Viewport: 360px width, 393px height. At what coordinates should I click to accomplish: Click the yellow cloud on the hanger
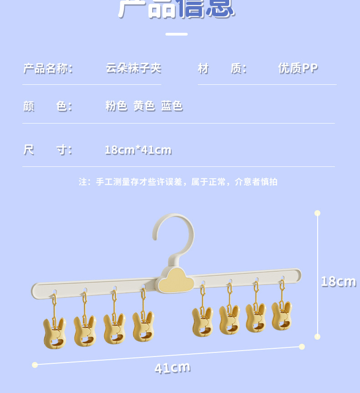pyautogui.click(x=176, y=280)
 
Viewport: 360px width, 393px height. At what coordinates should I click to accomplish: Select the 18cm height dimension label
pyautogui.click(x=338, y=281)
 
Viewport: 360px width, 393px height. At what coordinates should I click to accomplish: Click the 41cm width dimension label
pyautogui.click(x=172, y=367)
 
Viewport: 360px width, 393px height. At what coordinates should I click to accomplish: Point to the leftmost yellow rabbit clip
pyautogui.click(x=55, y=333)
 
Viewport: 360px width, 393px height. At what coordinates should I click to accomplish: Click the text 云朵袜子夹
pyautogui.click(x=134, y=68)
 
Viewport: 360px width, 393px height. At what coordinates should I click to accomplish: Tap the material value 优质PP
pyautogui.click(x=298, y=68)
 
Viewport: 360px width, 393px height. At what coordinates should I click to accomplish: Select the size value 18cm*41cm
pyautogui.click(x=138, y=150)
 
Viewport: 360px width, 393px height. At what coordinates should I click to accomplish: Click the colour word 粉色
pyautogui.click(x=116, y=106)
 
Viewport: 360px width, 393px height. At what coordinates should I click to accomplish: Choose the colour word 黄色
pyautogui.click(x=144, y=106)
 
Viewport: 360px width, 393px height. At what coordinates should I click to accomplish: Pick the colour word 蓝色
pyautogui.click(x=172, y=106)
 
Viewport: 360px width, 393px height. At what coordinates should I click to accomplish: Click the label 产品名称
pyautogui.click(x=48, y=69)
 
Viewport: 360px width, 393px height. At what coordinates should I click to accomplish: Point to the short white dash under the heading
pyautogui.click(x=176, y=34)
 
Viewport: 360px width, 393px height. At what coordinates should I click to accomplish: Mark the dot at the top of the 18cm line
pyautogui.click(x=318, y=213)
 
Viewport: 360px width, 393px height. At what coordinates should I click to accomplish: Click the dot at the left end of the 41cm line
pyautogui.click(x=35, y=365)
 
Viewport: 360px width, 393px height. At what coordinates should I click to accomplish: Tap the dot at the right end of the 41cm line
pyautogui.click(x=302, y=346)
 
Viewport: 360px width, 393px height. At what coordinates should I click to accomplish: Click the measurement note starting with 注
pyautogui.click(x=178, y=182)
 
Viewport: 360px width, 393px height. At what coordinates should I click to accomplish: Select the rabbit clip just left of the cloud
pyautogui.click(x=143, y=326)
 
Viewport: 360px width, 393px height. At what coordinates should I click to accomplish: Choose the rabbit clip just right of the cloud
pyautogui.click(x=202, y=321)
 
